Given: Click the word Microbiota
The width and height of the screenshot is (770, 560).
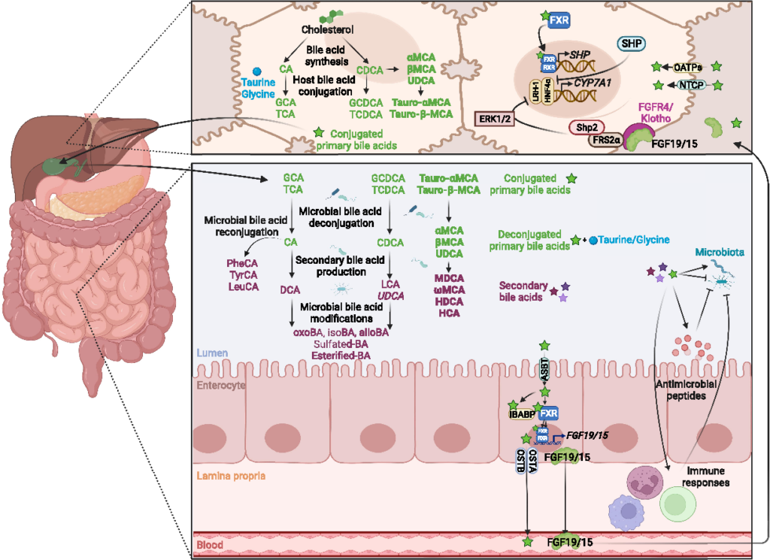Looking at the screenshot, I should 721,252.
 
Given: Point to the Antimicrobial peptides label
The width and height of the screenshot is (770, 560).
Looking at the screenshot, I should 683,390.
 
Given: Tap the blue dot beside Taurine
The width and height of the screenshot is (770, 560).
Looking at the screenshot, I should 235,71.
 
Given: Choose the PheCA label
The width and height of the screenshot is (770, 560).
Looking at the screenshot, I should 242,264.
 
